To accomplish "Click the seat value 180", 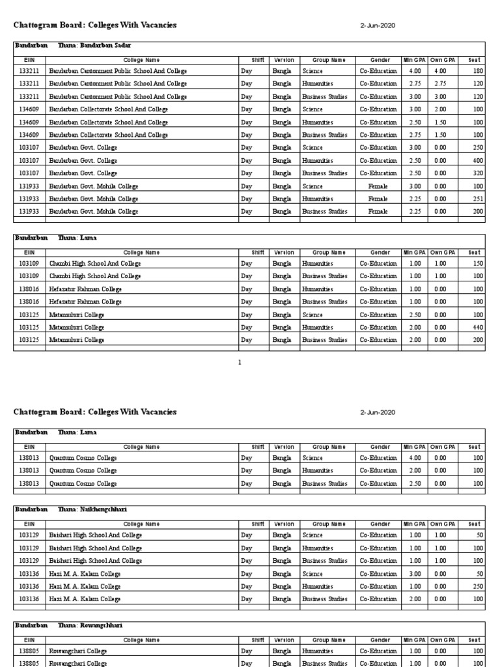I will click(x=477, y=71).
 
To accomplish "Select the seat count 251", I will click(x=477, y=199).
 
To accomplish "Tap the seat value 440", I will click(x=477, y=328).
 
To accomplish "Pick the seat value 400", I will click(x=477, y=161).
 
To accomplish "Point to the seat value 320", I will click(x=477, y=173).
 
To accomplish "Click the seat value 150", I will click(x=477, y=264).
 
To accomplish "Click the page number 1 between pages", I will click(x=240, y=363).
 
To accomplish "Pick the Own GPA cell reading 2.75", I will click(x=440, y=84).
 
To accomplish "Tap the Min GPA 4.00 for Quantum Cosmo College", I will click(x=415, y=458).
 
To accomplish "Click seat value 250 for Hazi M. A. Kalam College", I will click(x=477, y=586).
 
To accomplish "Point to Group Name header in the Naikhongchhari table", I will click(x=329, y=524).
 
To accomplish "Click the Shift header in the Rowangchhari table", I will click(x=258, y=640).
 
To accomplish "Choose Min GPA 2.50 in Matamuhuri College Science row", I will click(x=415, y=315).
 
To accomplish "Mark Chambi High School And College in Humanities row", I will click(x=95, y=264).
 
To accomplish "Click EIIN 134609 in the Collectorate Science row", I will click(x=29, y=109).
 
